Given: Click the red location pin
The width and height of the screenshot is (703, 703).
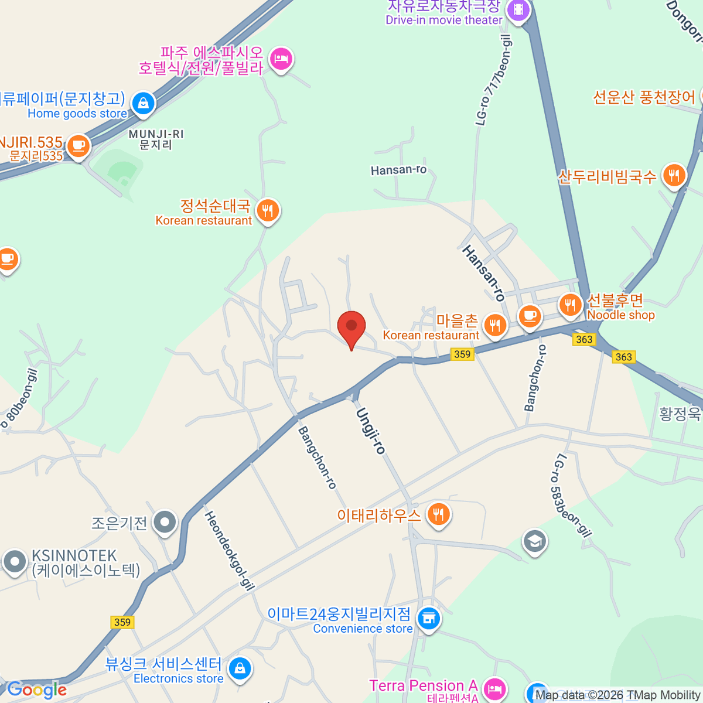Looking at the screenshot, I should point(351,327).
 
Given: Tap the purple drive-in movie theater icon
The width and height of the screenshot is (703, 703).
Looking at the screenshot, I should point(518,9).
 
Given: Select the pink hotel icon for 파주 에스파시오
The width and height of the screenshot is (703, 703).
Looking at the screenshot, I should point(281,59).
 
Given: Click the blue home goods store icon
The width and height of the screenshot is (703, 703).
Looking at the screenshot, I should point(143,104).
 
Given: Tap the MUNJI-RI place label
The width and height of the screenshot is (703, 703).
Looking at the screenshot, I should point(156,139).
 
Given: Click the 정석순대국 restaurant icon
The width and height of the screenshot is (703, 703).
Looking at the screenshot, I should point(268,210).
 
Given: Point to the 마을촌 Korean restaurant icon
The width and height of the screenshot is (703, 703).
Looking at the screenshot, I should point(495,326).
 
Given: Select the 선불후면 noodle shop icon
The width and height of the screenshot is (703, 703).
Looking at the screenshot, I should point(570,305).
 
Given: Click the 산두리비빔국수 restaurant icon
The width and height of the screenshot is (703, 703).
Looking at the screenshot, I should point(674,175).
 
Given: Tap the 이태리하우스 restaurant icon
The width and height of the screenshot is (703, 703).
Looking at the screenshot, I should point(438,515).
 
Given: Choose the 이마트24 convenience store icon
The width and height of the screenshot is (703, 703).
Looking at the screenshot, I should point(429,618).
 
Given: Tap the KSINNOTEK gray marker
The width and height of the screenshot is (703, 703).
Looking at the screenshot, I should point(15,561).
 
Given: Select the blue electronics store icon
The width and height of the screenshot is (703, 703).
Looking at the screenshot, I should point(240,668).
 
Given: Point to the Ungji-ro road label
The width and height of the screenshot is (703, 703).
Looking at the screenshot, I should point(371,431).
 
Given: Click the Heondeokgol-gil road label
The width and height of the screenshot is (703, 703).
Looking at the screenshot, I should point(230,550).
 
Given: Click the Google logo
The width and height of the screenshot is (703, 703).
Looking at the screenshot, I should point(36,690).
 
